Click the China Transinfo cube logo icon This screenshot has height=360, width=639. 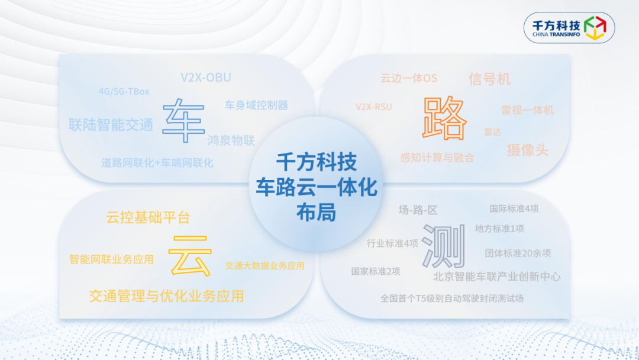pos(595,28)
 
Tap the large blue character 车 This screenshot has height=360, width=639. pos(183,121)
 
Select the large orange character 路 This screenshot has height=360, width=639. pos(444,118)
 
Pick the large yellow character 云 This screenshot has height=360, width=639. pos(190,256)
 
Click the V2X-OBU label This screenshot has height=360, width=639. pos(206,78)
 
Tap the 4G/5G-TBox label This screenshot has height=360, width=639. pos(124,91)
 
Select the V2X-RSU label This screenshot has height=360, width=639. pos(374,107)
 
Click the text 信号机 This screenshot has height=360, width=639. pos(489,79)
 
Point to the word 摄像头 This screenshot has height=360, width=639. pos(527,150)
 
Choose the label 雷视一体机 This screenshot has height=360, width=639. pos(527,110)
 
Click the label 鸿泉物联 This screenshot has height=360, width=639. pos(231,141)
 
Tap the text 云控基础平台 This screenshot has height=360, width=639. pos(148,217)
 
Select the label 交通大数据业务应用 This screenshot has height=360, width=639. pos(265,266)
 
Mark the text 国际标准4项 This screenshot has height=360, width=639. pos(514,209)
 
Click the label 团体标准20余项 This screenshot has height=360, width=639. pos(518,253)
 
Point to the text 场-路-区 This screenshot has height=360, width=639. pos(418,210)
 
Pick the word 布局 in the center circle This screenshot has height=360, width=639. pos(316,213)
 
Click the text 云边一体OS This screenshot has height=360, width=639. pos(409,78)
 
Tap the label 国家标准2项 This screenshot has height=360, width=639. pos(375,271)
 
